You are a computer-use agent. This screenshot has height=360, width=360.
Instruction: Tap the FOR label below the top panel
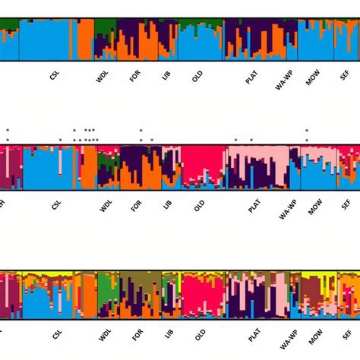point(136,77)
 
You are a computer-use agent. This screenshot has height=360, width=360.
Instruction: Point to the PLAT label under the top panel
point(253,77)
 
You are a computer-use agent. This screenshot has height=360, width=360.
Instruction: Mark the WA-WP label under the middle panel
point(285,209)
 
